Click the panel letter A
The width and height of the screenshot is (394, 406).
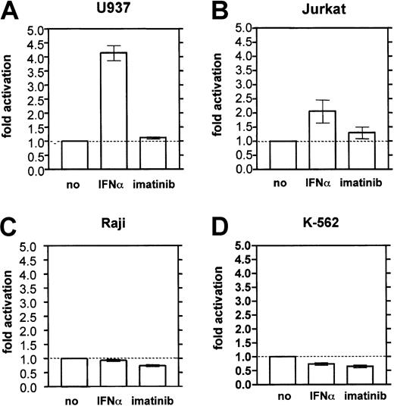(8, 9)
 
